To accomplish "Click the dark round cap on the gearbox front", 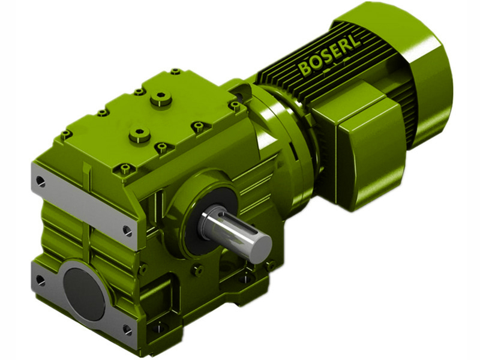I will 84,292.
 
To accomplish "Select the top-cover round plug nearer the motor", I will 161,98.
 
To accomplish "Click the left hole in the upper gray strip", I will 40,179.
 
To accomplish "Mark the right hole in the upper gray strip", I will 127,229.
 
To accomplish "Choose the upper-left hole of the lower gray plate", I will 40,279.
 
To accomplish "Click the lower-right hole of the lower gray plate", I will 127,328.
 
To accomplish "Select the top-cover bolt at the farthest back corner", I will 175,72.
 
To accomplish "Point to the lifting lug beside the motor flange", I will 241,91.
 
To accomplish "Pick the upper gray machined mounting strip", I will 84,204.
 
